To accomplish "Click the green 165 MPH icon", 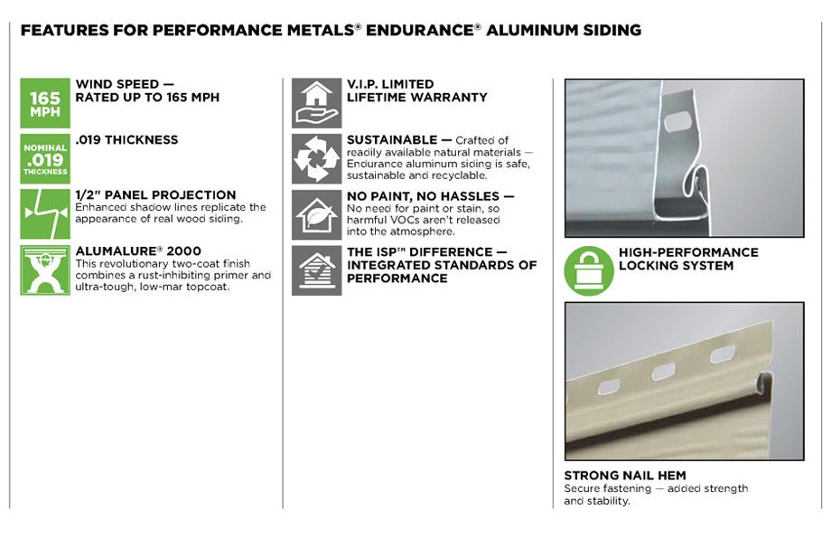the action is [45, 103].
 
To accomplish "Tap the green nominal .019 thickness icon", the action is [45, 158].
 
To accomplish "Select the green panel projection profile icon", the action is [45, 213].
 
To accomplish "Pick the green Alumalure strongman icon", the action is [45, 269].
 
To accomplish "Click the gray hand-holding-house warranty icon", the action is [316, 103].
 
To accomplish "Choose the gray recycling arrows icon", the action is [316, 158].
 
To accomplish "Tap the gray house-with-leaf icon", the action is [316, 214].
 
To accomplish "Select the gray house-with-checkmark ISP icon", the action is [316, 270].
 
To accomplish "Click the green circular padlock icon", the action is [589, 270].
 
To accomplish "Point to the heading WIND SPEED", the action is [117, 84].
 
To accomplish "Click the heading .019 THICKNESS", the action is [126, 140].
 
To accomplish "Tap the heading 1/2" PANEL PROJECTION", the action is [155, 194].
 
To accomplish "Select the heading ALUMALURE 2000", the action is [138, 251].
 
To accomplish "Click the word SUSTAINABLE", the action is [392, 140].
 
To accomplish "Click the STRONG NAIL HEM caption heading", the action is [625, 476].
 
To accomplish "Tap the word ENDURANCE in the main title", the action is [419, 30].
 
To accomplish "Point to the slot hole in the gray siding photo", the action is [677, 121].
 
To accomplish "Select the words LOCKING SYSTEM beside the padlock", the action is [676, 266].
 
